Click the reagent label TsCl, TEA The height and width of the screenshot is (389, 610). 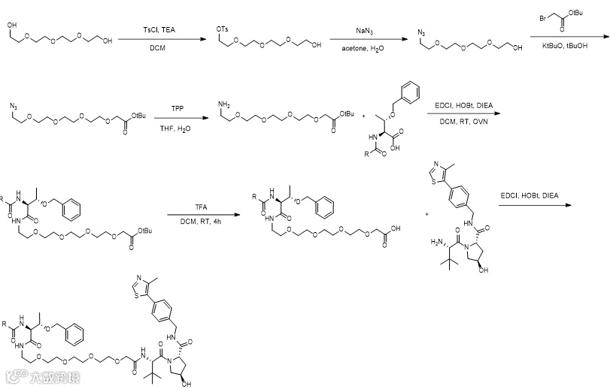156,29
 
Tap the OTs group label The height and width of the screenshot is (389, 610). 223,29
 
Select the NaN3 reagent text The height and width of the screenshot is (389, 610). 367,32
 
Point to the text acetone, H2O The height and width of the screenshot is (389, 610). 367,47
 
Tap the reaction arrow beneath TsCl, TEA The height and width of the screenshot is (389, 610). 156,38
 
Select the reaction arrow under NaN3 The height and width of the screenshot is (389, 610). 367,38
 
